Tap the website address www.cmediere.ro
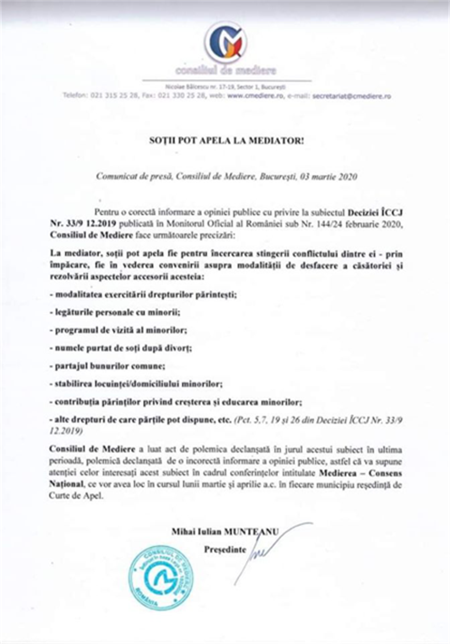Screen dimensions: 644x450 click(x=255, y=96)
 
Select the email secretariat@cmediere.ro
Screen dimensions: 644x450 click(x=352, y=96)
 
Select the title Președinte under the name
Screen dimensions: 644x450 click(x=225, y=550)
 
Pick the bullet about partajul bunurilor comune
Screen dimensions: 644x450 click(x=107, y=366)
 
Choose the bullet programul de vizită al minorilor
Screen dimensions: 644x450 click(x=118, y=331)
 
